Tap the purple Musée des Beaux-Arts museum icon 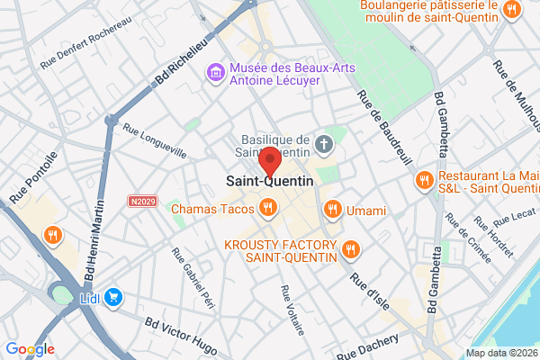pyautogui.click(x=216, y=70)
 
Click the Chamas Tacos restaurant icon pyautogui.click(x=267, y=210)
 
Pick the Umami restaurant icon pyautogui.click(x=332, y=210)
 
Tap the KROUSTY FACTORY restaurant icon pyautogui.click(x=350, y=249)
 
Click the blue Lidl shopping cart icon pyautogui.click(x=113, y=296)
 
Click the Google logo pyautogui.click(x=30, y=349)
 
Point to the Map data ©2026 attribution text pyautogui.click(x=500, y=353)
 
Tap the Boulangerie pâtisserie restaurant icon pyautogui.click(x=512, y=10)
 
